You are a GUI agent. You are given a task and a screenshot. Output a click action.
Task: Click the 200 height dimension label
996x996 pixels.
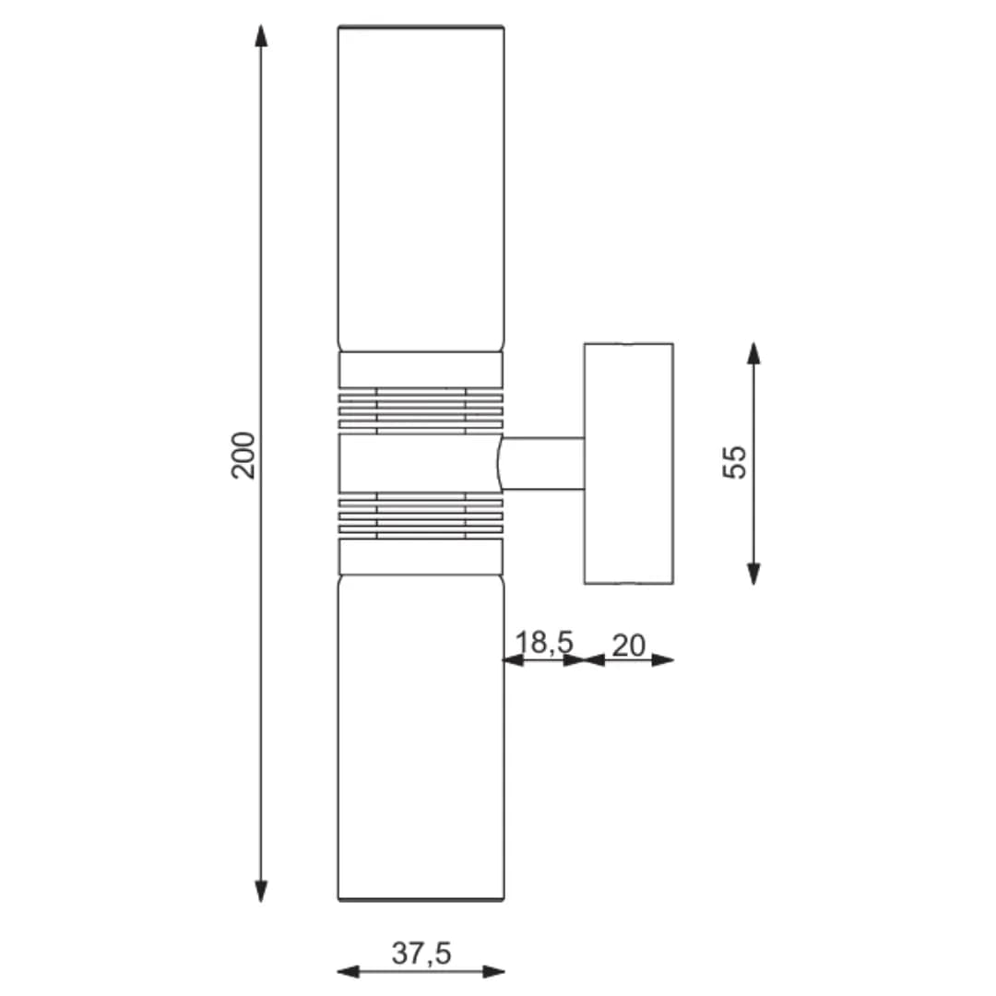[x=243, y=455]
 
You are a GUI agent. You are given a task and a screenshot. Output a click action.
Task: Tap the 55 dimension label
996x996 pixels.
[x=735, y=462]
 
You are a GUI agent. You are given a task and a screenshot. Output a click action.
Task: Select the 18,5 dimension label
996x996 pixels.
[x=544, y=642]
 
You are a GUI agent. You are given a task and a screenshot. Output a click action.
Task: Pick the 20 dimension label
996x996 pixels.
[x=629, y=646]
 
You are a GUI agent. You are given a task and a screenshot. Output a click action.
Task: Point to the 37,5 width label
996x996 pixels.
[x=421, y=954]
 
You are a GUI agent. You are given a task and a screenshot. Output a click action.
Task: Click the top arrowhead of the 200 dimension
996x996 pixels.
[x=261, y=36]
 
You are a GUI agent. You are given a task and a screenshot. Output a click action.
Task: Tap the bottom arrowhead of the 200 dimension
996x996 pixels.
[x=261, y=891]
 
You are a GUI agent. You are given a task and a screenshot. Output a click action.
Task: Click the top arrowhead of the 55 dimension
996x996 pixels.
[x=754, y=353]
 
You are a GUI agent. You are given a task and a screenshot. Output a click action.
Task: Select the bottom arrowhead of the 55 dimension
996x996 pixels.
[x=754, y=574]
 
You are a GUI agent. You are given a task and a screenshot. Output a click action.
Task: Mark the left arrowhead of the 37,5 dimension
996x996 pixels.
[x=348, y=971]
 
